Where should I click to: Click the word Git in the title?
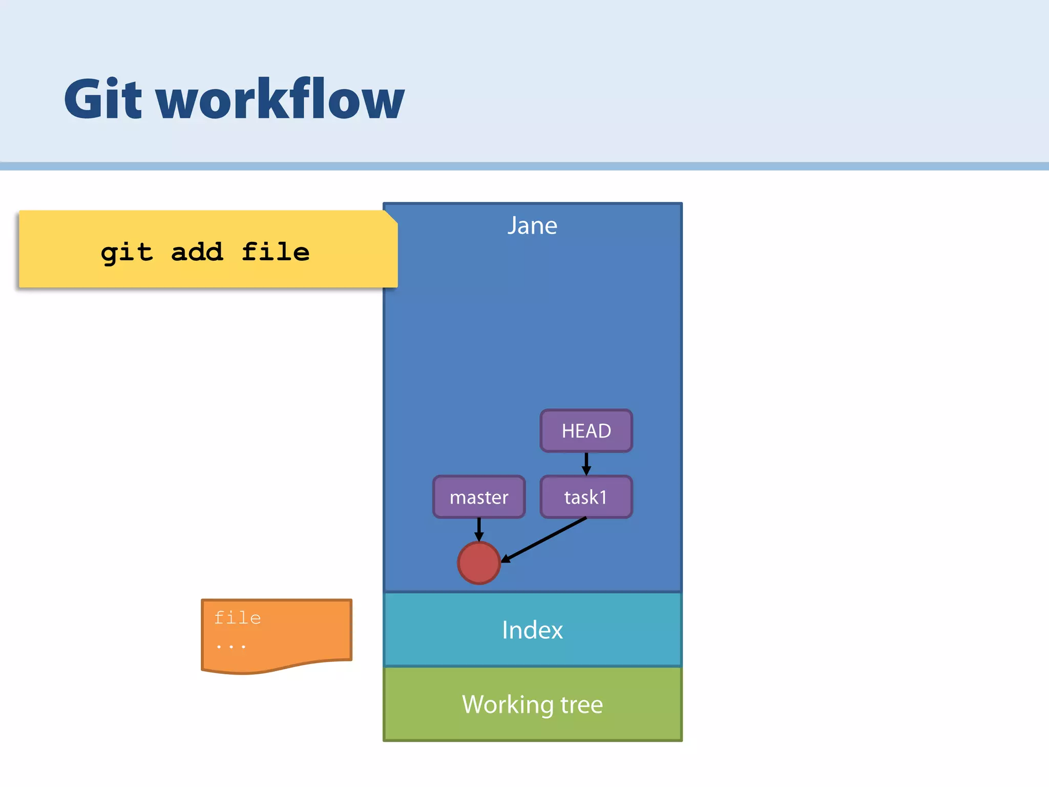[102, 100]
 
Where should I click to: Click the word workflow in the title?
[281, 100]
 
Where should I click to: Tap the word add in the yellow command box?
[197, 252]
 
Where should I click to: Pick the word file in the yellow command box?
[276, 252]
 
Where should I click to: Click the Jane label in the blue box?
[532, 226]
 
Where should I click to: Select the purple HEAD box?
[586, 431]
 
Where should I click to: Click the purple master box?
[479, 497]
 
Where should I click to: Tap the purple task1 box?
[586, 497]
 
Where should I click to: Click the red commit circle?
[479, 563]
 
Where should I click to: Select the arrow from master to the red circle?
[479, 529]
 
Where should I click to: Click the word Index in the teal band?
[532, 630]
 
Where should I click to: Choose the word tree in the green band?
[581, 705]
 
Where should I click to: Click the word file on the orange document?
[238, 618]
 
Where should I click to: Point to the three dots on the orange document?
[230, 647]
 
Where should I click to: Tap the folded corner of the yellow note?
[391, 217]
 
